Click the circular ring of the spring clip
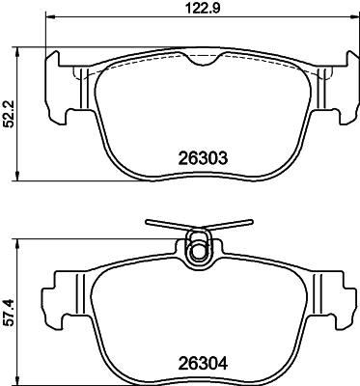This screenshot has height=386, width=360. tap(200, 249)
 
